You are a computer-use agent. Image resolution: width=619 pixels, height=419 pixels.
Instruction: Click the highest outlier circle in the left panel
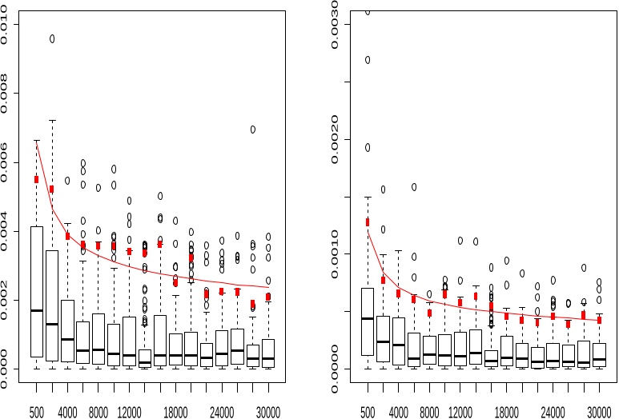52,38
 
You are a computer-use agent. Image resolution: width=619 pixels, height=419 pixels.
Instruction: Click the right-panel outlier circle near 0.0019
368,147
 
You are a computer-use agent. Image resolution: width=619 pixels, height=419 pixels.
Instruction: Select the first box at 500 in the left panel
37,291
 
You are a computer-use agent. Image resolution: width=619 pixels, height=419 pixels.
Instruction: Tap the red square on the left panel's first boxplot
37,179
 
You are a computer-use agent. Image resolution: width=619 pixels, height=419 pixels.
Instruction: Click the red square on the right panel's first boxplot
368,222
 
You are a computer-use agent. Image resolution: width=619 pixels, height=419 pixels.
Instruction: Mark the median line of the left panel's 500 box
37,310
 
